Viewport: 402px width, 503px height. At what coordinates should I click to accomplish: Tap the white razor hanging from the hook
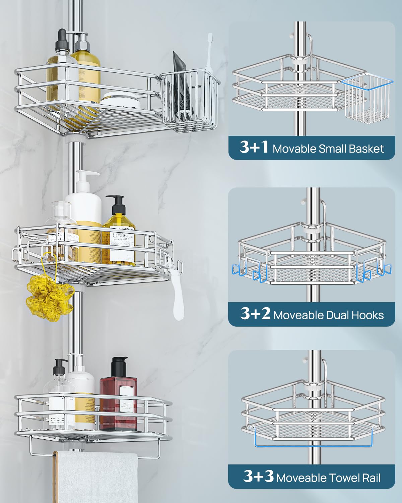(177, 295)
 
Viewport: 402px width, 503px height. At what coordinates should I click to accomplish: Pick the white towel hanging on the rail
(97, 476)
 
